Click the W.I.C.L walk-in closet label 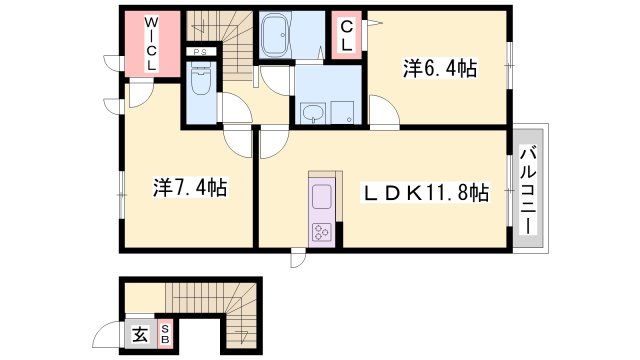click(x=151, y=42)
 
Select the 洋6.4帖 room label click(x=439, y=68)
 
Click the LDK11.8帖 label click(x=426, y=192)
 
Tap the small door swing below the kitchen click(x=299, y=257)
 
